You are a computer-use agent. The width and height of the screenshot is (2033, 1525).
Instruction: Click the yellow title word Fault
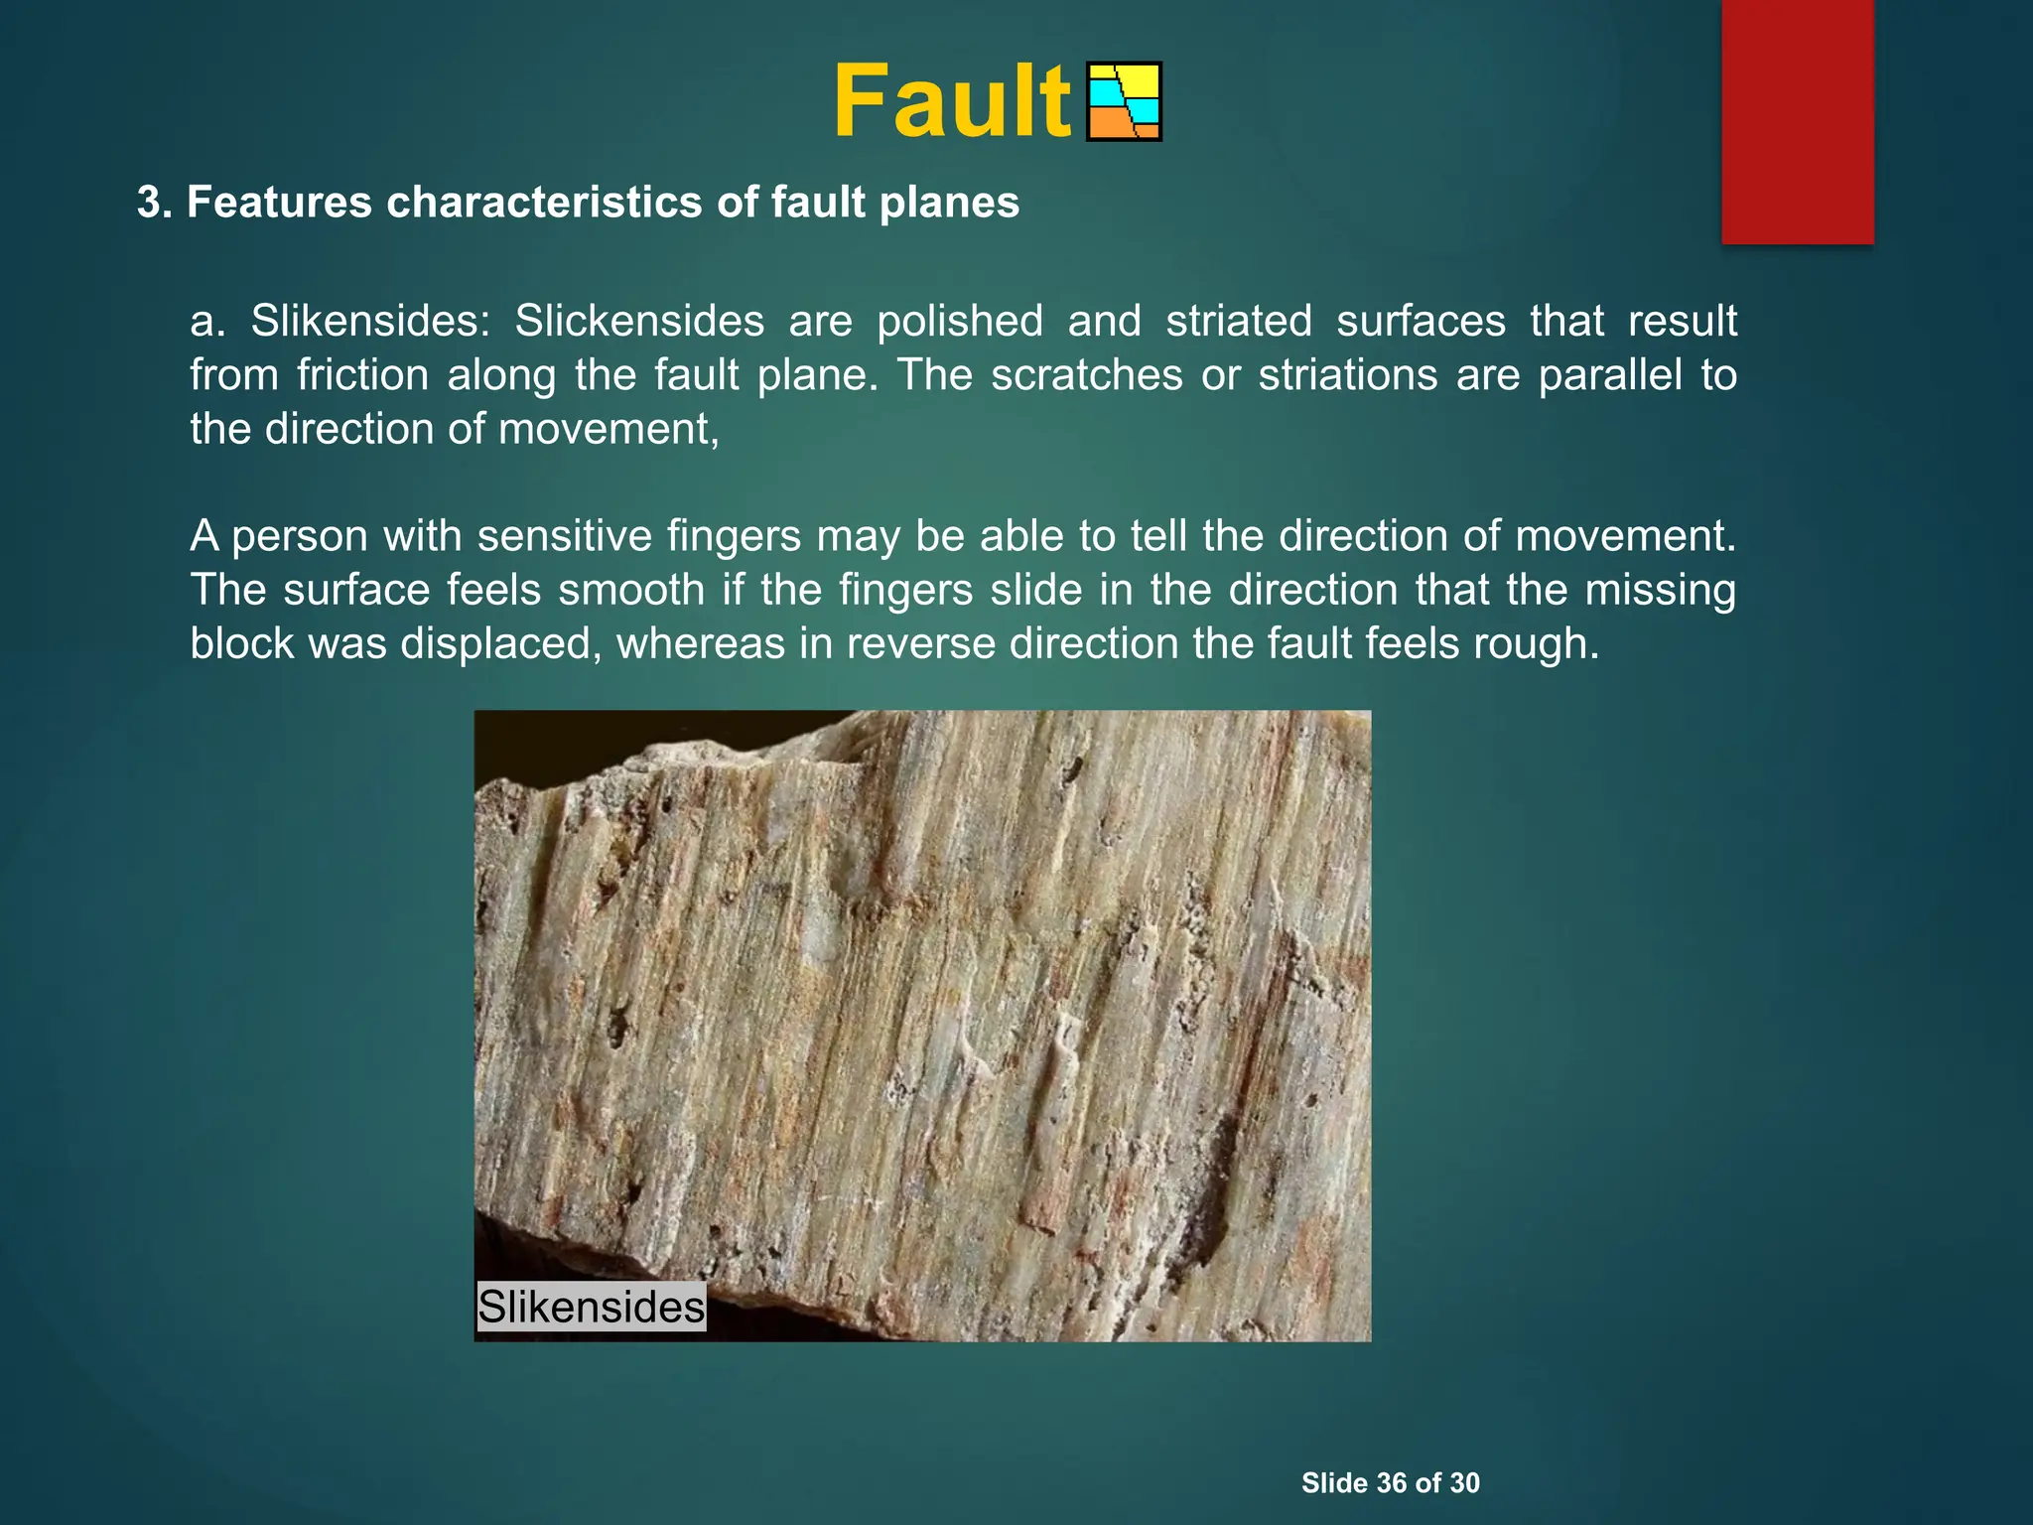point(951,102)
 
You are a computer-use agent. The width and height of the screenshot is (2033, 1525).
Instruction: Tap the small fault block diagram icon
point(1124,102)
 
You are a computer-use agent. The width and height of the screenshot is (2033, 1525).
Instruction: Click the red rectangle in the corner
point(1797,121)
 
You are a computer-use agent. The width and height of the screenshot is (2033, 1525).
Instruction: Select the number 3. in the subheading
point(156,203)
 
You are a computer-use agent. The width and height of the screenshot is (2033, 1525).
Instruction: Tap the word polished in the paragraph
point(959,321)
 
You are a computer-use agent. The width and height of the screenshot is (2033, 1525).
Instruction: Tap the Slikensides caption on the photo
point(591,1306)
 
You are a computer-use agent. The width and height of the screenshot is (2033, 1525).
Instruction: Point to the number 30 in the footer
point(1464,1483)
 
